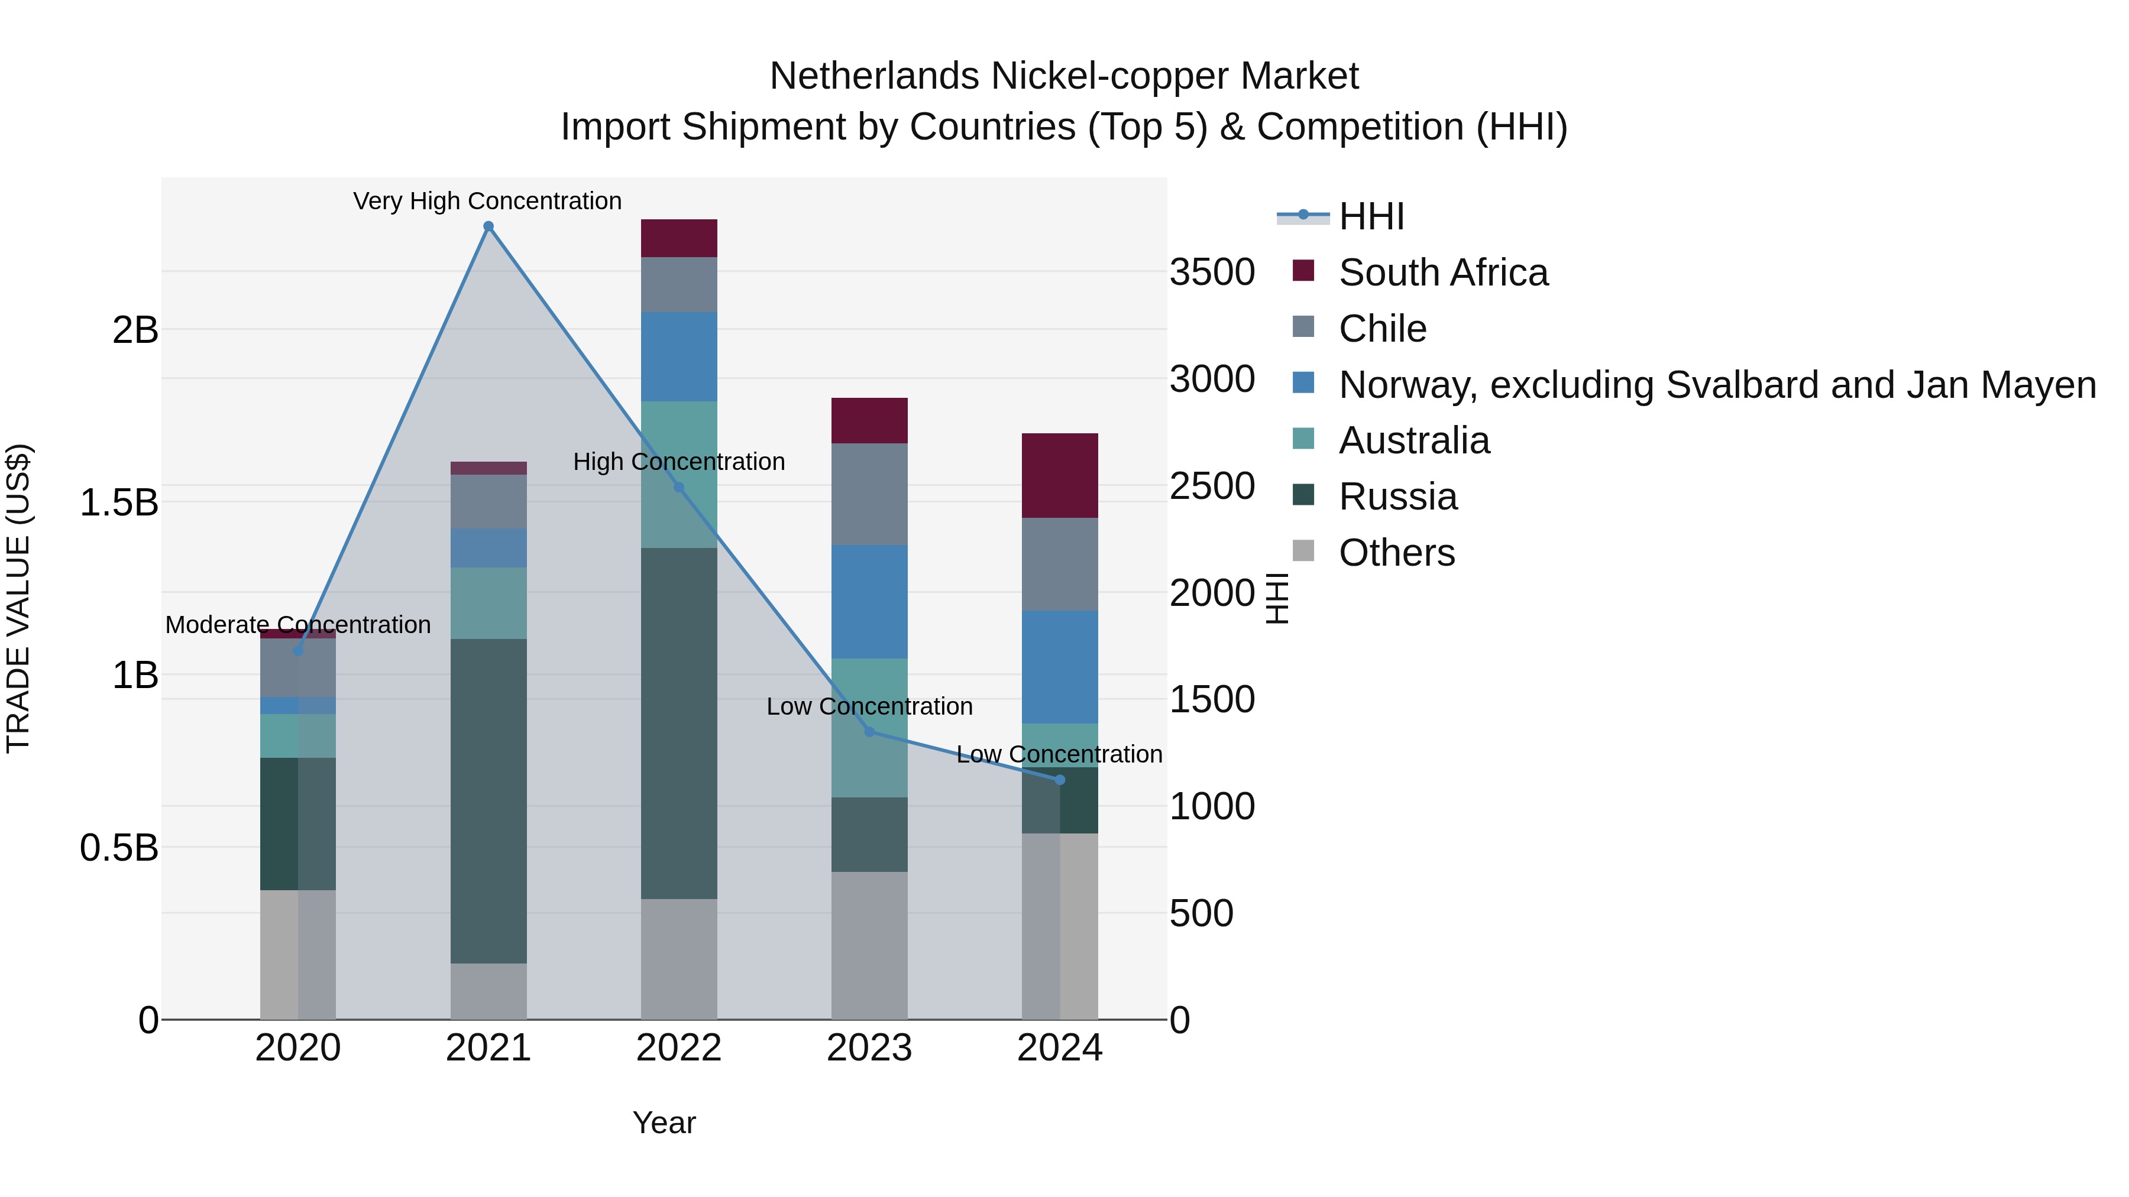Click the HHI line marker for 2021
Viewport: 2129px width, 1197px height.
coord(488,226)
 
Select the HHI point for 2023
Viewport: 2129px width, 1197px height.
coord(869,732)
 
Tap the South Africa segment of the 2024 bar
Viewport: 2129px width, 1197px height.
coord(1060,476)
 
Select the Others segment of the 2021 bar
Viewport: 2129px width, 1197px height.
coord(488,991)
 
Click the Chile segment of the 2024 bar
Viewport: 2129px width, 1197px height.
coord(1060,565)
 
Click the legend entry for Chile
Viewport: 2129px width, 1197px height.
coord(1382,329)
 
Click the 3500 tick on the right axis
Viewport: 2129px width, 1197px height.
coord(1212,273)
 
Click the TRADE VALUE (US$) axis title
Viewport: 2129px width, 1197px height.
coord(18,598)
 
